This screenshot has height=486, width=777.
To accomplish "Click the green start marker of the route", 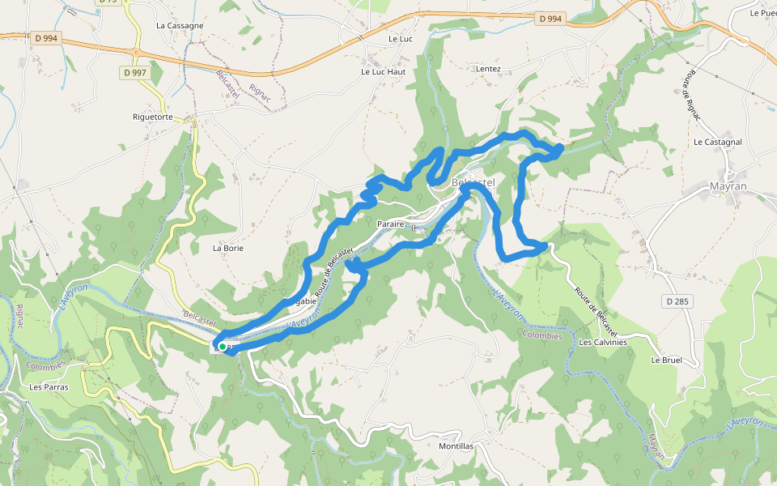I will click(222, 347).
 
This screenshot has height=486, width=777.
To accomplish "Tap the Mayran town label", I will click(727, 186).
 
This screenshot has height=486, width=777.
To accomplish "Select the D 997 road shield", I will click(134, 73).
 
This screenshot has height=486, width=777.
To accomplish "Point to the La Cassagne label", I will click(180, 25).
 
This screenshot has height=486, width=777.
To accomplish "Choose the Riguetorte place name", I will click(153, 117).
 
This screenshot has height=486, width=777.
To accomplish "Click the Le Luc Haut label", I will click(383, 71).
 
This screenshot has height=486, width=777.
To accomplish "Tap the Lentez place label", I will click(489, 69).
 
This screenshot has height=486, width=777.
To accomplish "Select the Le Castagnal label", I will click(718, 142).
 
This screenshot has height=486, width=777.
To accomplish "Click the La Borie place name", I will click(228, 248).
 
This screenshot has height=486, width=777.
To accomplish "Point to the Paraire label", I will click(390, 223).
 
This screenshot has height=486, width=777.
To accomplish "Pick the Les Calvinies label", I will click(603, 342).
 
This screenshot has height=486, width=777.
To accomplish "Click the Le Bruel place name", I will click(667, 360).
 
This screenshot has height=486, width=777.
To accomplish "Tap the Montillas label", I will click(455, 446).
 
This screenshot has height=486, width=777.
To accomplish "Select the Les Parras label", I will click(49, 387).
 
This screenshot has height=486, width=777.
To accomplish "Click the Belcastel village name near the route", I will click(473, 183).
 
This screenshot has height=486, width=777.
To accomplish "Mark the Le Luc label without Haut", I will click(401, 38).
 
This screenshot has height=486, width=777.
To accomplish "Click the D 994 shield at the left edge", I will click(47, 37).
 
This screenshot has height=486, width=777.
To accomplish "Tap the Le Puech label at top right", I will click(762, 13).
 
